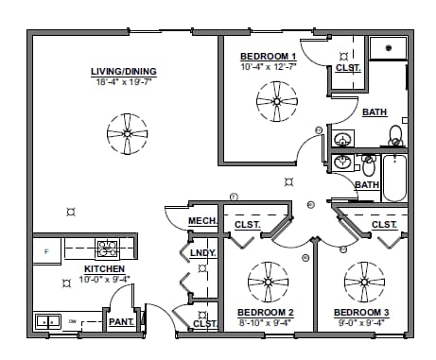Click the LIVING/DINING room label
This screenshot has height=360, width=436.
(x=123, y=72)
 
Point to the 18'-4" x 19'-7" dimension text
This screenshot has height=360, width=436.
(x=123, y=82)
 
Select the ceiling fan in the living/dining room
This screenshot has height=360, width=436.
(x=126, y=133)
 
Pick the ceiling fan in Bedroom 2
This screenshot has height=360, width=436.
(x=268, y=281)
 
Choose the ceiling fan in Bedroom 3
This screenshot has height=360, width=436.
(x=364, y=281)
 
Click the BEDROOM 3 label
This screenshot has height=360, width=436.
(x=361, y=312)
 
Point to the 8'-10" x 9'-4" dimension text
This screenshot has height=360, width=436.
(x=266, y=323)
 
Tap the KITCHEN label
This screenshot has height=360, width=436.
(x=104, y=268)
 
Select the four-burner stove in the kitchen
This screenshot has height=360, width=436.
(x=107, y=250)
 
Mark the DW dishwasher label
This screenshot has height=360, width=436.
(x=72, y=322)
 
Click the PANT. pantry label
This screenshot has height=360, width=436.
(x=121, y=322)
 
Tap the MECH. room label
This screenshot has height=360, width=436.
(x=202, y=221)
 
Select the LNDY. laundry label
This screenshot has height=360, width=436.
(x=203, y=253)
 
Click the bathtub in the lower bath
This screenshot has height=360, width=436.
(x=393, y=177)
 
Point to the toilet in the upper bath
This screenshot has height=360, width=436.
(x=395, y=138)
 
